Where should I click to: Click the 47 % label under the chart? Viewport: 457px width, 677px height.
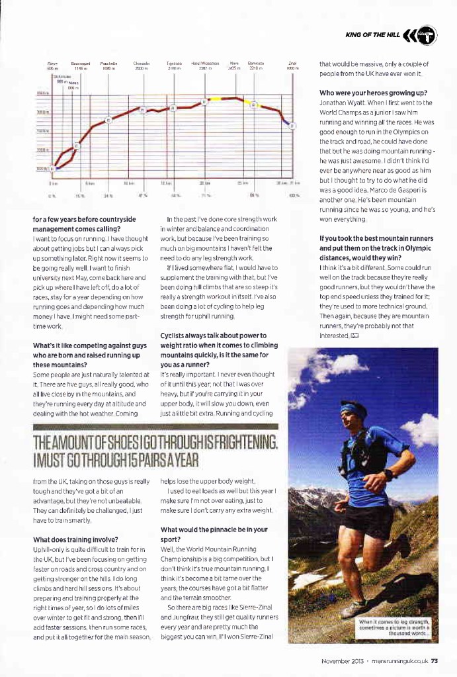pyautogui.click(x=142, y=196)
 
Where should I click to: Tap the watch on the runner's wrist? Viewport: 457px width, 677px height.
pyautogui.click(x=387, y=474)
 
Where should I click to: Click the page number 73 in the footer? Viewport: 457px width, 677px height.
pyautogui.click(x=435, y=659)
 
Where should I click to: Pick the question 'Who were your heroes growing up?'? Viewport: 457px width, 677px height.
pyautogui.click(x=373, y=93)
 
